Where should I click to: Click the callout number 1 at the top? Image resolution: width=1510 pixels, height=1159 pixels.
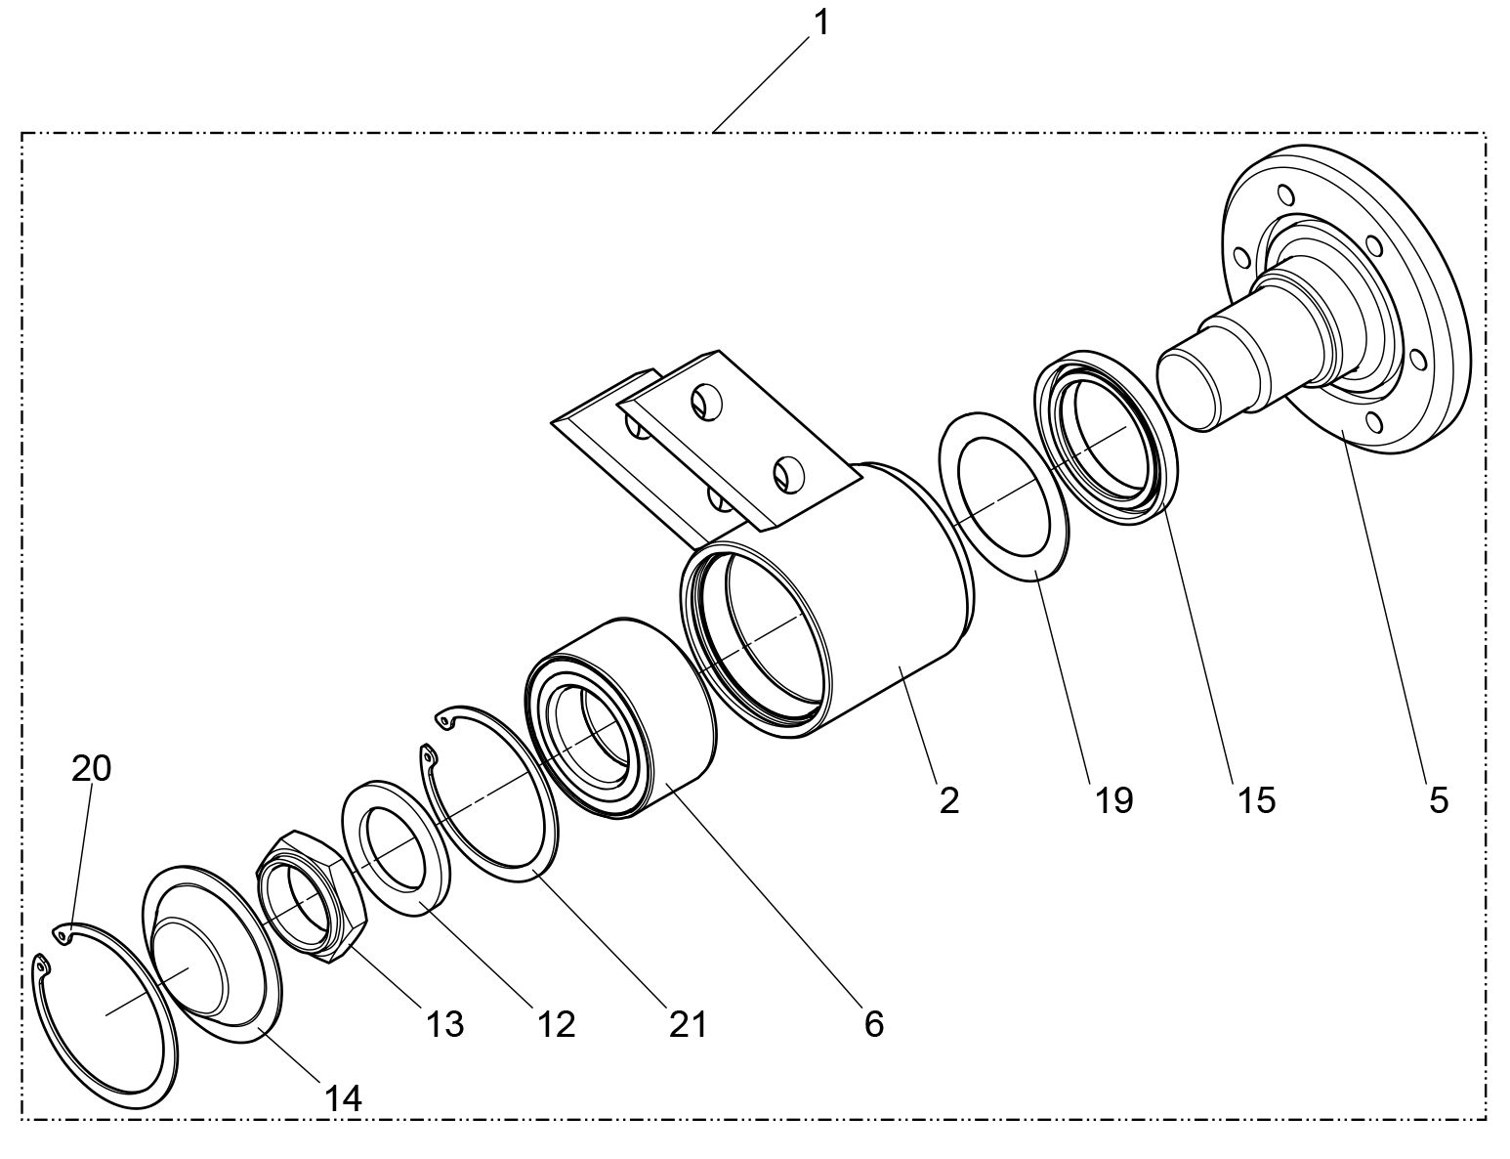point(821,21)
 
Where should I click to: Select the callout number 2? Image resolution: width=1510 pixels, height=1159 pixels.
point(948,800)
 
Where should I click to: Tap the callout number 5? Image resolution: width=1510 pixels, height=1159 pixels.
point(1438,800)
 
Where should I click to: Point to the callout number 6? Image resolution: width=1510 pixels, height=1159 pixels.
point(873,1024)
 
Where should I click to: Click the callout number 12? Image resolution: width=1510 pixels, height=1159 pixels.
point(555,1024)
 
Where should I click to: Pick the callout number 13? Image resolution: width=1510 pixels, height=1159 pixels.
point(443,1024)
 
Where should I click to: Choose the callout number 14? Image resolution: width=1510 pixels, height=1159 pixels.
point(342,1098)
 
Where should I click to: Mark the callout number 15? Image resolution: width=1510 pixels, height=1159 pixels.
point(1256,800)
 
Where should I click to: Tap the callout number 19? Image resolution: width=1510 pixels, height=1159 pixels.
point(1113,800)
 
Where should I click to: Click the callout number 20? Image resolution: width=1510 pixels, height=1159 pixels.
point(91,769)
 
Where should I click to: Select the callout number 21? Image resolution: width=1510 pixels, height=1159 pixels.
point(687,1024)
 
